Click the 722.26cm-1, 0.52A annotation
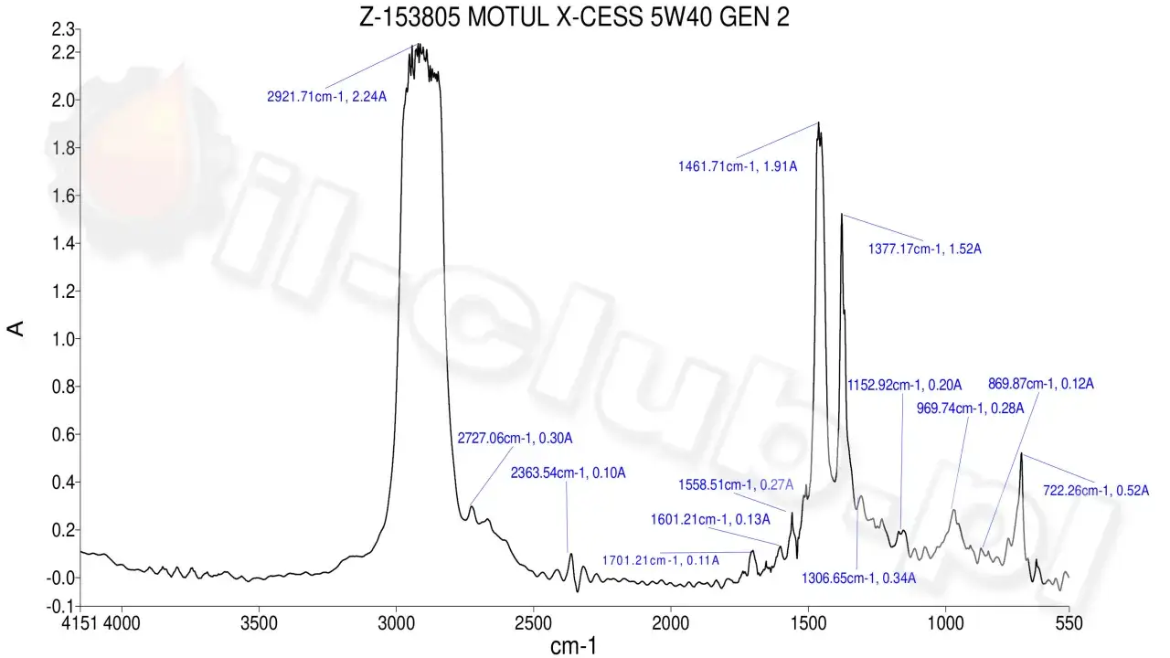point(1095,490)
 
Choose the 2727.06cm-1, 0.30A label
point(515,438)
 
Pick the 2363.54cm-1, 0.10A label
point(568,472)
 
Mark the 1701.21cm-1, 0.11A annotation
point(660,559)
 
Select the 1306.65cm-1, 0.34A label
point(858,578)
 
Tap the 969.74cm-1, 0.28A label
point(970,408)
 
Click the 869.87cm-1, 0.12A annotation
point(1041,383)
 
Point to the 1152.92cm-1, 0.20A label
point(901,384)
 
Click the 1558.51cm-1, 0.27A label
point(736,484)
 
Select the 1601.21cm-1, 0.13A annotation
point(710,519)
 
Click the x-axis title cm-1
point(575,646)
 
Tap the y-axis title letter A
point(16,329)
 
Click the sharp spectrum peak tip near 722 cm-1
point(1021,453)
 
